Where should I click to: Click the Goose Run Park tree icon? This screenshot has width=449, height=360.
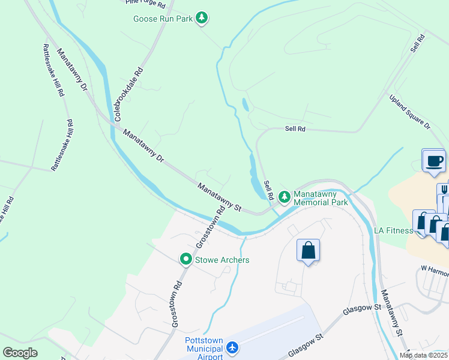[x=203, y=19]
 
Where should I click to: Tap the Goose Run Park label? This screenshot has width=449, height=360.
[x=163, y=19]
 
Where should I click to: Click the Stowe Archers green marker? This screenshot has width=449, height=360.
[x=186, y=259]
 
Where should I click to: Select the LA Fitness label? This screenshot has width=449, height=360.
[x=393, y=230]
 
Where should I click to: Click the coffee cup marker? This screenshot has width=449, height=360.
[x=433, y=161]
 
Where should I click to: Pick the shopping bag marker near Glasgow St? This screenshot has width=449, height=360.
[x=308, y=250]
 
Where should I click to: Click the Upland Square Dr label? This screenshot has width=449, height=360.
[x=410, y=112]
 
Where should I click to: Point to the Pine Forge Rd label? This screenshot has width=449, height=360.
[x=145, y=3]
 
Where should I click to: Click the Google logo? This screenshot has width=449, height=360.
[x=20, y=353]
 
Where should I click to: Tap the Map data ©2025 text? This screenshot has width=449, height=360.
[x=424, y=355]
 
